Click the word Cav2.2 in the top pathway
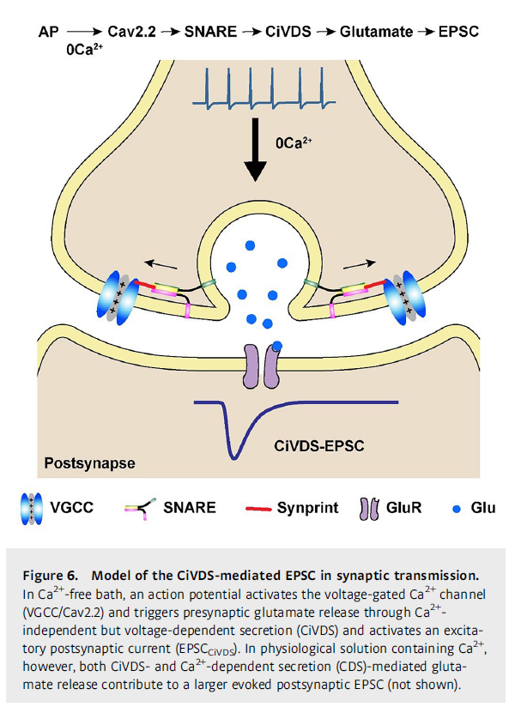[132, 32]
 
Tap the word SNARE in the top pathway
[210, 32]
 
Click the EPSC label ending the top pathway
[459, 32]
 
